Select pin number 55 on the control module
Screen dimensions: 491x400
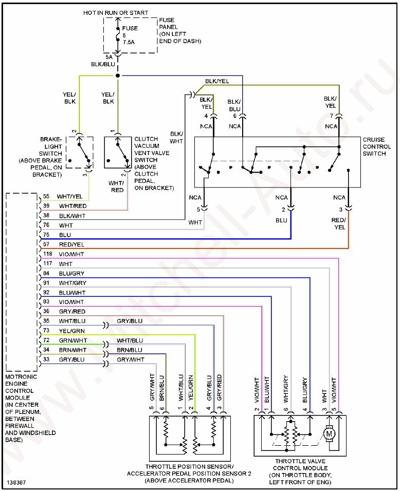click(46, 197)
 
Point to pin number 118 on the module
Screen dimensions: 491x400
click(48, 254)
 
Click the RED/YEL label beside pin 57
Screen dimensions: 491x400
click(71, 245)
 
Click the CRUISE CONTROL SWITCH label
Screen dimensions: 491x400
click(377, 146)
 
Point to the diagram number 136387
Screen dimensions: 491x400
click(17, 483)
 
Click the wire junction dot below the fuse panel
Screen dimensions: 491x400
click(118, 75)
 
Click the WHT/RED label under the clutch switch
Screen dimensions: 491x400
click(117, 186)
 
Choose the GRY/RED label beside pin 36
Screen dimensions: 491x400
click(71, 311)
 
